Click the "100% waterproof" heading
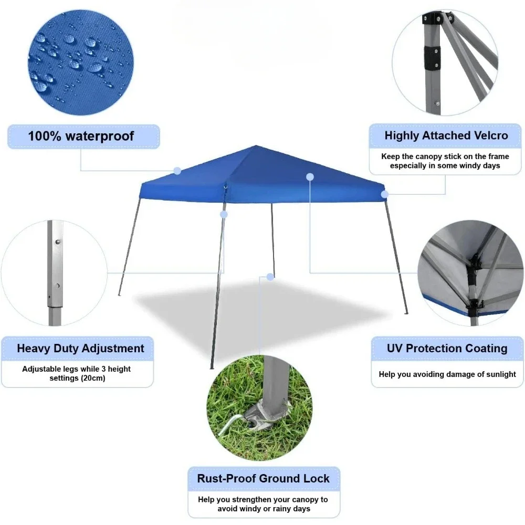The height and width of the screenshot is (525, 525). click(81, 136)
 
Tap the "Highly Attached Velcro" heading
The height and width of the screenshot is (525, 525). click(446, 135)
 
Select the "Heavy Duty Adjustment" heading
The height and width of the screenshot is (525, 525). click(80, 349)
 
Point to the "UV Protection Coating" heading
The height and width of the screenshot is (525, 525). click(447, 349)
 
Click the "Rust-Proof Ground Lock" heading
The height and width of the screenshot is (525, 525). click(263, 479)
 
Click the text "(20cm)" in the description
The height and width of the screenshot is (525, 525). click(93, 378)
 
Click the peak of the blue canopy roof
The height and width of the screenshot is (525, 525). click(256, 146)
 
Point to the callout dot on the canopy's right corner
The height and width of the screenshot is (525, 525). click(385, 194)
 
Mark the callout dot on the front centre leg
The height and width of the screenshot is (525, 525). click(224, 214)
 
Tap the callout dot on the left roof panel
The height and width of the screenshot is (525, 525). click(177, 171)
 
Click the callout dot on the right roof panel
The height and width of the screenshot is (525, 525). click(310, 177)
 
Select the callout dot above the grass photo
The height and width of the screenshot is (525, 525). click(270, 276)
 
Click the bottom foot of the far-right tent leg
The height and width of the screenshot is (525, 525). click(406, 313)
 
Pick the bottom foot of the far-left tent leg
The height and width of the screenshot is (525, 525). click(119, 295)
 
